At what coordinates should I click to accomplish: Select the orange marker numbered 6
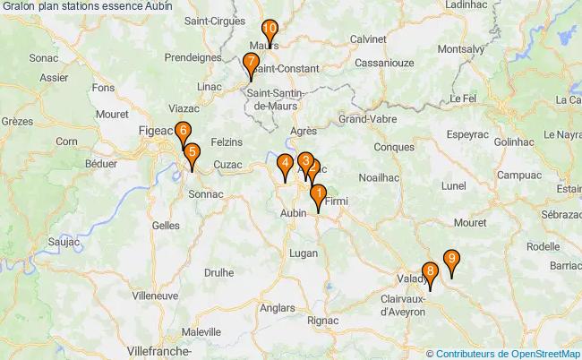183,132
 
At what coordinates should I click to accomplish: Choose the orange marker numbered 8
431,272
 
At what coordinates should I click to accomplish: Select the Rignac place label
322,320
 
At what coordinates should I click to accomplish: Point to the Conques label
394,147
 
